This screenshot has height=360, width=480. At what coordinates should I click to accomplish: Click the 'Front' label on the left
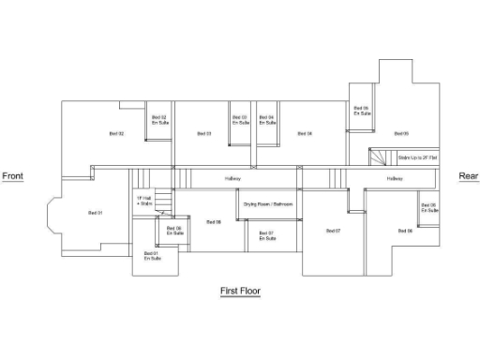pyautogui.click(x=12, y=176)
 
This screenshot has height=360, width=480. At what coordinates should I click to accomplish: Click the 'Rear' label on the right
pyautogui.click(x=468, y=176)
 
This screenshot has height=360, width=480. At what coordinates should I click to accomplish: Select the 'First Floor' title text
pyautogui.click(x=240, y=292)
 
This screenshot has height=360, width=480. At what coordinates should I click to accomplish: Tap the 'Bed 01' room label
pyautogui.click(x=95, y=214)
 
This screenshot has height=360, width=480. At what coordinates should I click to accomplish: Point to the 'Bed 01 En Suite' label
pyautogui.click(x=151, y=256)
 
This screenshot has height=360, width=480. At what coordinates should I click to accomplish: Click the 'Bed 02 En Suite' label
pyautogui.click(x=159, y=120)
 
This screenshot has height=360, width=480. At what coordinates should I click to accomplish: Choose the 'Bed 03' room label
pyautogui.click(x=203, y=134)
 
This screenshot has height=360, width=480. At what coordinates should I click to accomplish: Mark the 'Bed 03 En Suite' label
pyautogui.click(x=240, y=120)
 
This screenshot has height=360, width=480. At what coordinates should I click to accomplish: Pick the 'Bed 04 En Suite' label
pyautogui.click(x=267, y=120)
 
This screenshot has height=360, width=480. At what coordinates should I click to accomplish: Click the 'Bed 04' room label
pyautogui.click(x=305, y=134)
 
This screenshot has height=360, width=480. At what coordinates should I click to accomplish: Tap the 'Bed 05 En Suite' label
pyautogui.click(x=361, y=111)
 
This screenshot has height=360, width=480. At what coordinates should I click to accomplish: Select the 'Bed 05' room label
pyautogui.click(x=401, y=134)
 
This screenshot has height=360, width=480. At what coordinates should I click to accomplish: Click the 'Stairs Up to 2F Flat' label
pyautogui.click(x=415, y=158)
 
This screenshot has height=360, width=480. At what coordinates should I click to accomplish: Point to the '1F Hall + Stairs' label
pyautogui.click(x=144, y=201)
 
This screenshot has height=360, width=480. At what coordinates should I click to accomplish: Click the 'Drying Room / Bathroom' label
pyautogui.click(x=269, y=203)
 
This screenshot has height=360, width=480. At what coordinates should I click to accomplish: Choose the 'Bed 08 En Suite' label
pyautogui.click(x=174, y=231)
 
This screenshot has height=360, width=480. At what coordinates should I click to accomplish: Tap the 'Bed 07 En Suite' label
pyautogui.click(x=266, y=235)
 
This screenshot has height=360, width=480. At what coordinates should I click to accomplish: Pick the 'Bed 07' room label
pyautogui.click(x=333, y=231)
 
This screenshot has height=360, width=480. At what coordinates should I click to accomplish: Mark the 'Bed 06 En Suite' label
pyautogui.click(x=429, y=208)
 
